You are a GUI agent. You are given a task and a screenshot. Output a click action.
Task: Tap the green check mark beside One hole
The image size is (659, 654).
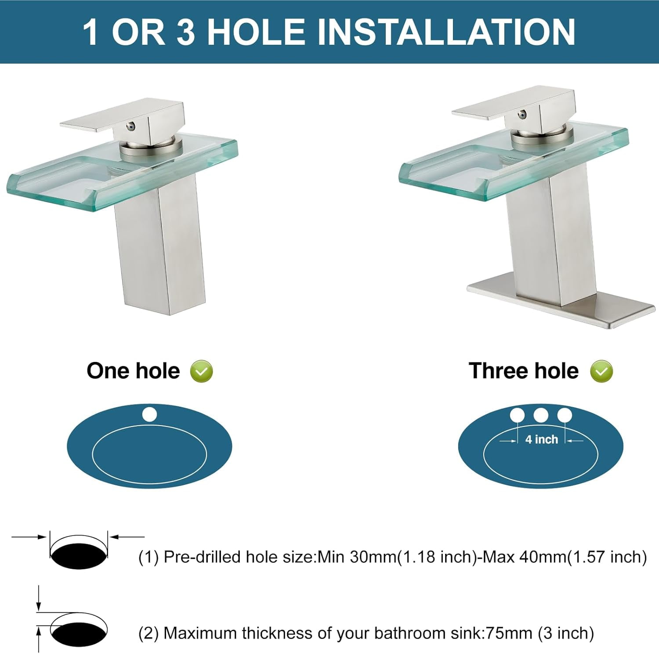pos(201,371)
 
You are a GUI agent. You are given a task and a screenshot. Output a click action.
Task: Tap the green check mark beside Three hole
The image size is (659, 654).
pos(601,371)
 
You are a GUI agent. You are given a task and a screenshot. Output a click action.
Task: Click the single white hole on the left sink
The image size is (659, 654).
pos(149,415)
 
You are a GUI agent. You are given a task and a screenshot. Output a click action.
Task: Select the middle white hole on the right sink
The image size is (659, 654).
pos(540,415)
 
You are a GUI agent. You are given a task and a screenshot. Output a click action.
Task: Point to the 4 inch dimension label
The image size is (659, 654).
pos(541,439)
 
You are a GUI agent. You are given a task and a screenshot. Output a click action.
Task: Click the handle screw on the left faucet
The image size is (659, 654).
pos(130,127)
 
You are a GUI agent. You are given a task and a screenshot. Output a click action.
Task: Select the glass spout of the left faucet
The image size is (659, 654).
pos(122,172)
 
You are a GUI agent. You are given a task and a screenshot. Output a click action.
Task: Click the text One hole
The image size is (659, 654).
pos(133,371)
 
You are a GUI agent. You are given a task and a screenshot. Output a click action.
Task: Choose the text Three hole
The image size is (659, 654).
pos(523,371)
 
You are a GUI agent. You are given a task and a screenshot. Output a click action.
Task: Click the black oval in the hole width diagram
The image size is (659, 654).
pos(79,556)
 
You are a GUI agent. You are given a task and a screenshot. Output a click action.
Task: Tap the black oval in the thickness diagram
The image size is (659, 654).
pos(79,633)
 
